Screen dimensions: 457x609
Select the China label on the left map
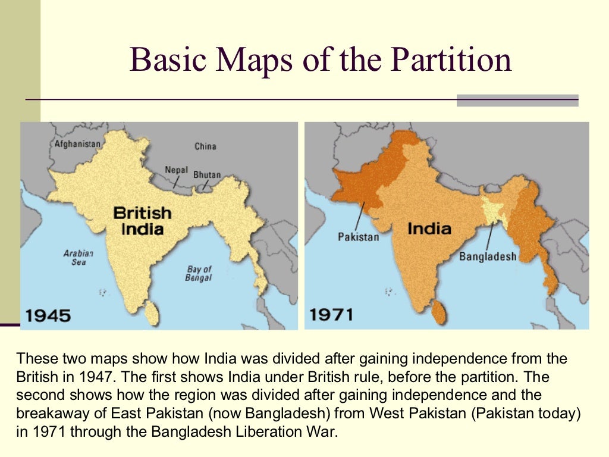[205, 146]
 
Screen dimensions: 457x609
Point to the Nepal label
[176, 170]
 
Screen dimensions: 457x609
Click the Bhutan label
[207, 175]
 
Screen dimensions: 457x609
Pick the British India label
[142, 220]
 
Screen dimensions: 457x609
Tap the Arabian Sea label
[78, 258]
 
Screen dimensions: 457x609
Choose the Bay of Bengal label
[199, 274]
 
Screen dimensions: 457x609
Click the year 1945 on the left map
[48, 315]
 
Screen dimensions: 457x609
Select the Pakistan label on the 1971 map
[358, 237]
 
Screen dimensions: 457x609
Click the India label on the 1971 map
[429, 228]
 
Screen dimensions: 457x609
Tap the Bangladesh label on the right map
[488, 257]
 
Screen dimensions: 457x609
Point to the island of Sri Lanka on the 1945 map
[152, 311]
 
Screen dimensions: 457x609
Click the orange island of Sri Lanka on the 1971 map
[439, 311]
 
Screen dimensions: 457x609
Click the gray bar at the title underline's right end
[517, 100]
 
